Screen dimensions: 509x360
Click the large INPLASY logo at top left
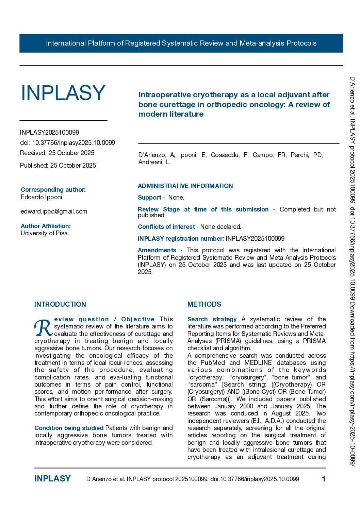point(63,93)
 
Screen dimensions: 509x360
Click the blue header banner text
point(181,43)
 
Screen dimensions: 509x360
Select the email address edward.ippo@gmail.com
point(54,211)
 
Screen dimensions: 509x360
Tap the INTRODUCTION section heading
point(60,304)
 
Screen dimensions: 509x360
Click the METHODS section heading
point(204,304)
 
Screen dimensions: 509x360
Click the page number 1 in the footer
point(324,479)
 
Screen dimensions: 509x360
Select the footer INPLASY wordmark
point(52,479)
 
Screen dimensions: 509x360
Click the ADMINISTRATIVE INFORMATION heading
point(185,186)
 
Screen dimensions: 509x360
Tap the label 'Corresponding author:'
point(53,190)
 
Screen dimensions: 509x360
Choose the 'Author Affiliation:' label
point(46,226)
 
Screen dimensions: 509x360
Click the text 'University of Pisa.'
point(45,233)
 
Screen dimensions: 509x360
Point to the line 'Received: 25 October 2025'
point(57,153)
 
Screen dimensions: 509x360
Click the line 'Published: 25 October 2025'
point(58,166)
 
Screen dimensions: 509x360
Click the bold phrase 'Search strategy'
point(212,319)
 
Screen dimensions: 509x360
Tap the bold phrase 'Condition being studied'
point(69,428)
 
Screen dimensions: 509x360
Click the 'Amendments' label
point(157,250)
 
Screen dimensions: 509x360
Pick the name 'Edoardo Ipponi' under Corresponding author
point(42,197)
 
